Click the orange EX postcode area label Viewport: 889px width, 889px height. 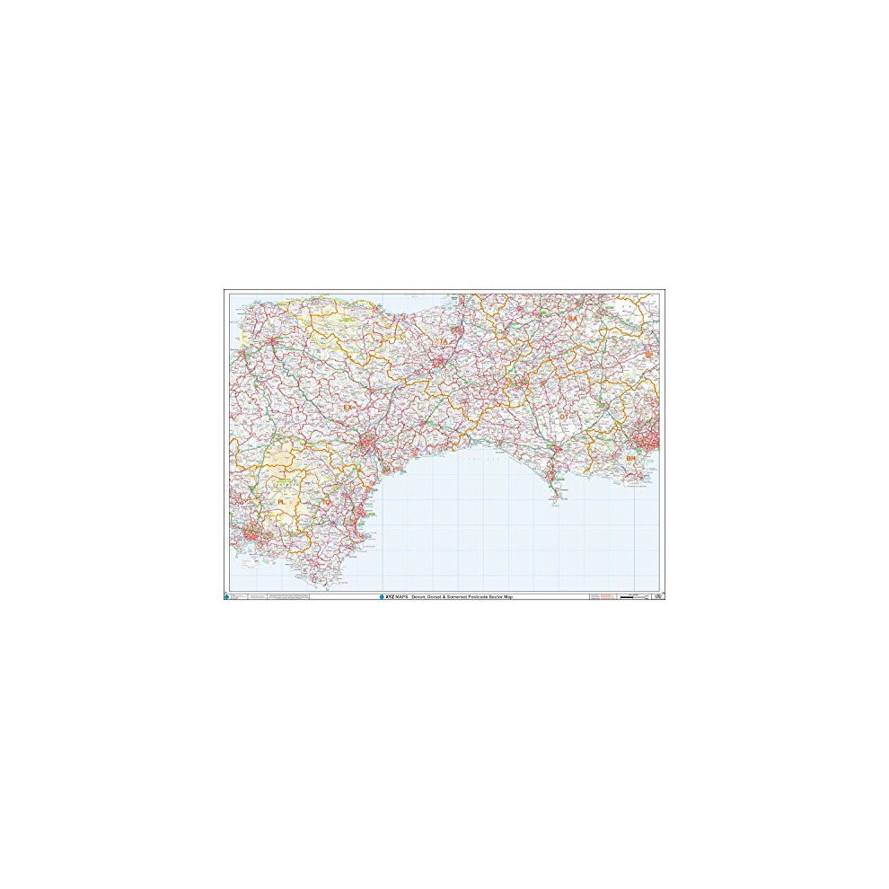348,408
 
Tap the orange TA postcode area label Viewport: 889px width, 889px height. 442,342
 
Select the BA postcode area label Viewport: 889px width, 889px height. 572,319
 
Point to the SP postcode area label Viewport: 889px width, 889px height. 648,356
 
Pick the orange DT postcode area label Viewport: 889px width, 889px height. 564,417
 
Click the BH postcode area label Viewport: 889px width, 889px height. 630,459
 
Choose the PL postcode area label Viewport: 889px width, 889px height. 281,502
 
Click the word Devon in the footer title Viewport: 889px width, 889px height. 419,597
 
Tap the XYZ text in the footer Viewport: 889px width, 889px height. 390,597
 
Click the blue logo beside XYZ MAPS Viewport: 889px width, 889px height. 381,597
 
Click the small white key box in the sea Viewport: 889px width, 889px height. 634,485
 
